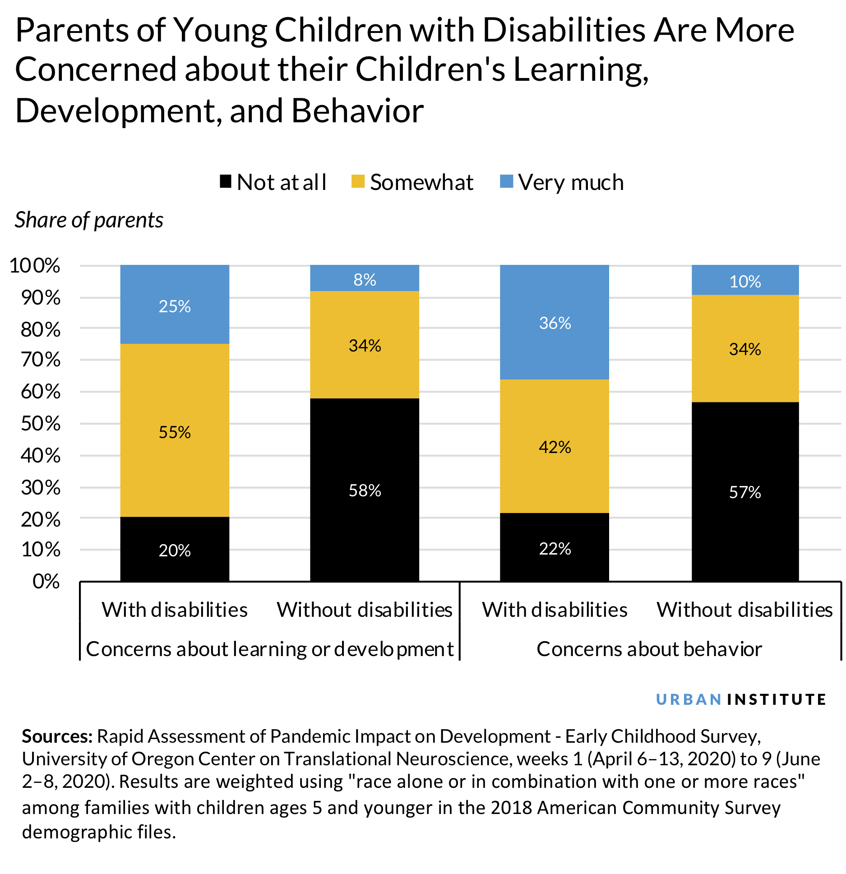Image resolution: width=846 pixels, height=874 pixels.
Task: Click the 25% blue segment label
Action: tap(175, 307)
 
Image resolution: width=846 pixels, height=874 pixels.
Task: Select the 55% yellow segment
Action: tap(175, 432)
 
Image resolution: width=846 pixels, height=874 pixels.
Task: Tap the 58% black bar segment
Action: tap(365, 490)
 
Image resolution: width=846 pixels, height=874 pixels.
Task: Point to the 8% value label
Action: tap(365, 280)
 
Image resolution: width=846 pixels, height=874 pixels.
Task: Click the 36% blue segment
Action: tap(555, 323)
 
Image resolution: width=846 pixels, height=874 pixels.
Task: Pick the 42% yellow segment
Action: tap(555, 447)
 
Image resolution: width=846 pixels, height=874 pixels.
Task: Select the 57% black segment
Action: tap(745, 492)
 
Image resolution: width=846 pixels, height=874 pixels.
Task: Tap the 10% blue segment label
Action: tap(745, 282)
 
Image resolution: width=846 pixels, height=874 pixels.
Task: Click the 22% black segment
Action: tap(555, 549)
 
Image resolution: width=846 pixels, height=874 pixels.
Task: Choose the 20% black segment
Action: tap(175, 550)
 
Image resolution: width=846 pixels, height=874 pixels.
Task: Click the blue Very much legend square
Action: tap(506, 181)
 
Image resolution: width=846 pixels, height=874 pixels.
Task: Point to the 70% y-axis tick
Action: tap(41, 360)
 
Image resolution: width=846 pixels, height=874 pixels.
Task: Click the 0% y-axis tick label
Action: tap(46, 582)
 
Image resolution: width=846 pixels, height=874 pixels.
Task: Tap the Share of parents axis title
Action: tap(89, 220)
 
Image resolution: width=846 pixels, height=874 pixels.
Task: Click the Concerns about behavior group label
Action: tap(649, 649)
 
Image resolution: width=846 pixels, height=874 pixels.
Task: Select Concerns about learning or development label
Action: tap(269, 649)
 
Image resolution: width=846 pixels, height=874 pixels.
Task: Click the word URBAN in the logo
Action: tap(689, 699)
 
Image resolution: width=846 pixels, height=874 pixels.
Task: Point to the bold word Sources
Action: tap(57, 736)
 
